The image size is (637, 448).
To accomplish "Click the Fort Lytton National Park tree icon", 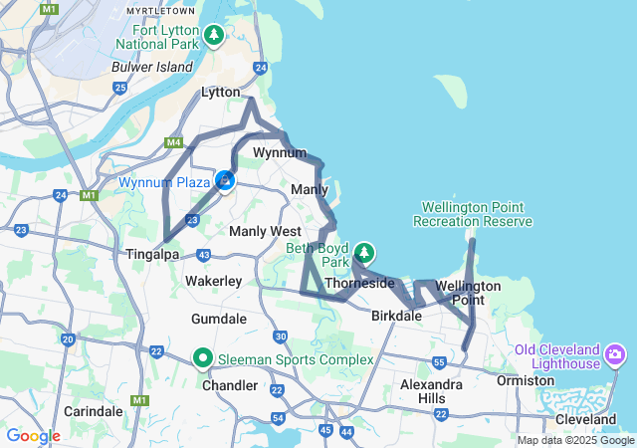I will click(x=213, y=36).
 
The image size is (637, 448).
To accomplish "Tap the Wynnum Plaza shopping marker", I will click(x=226, y=181).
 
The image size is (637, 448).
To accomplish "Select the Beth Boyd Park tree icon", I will click(x=365, y=251).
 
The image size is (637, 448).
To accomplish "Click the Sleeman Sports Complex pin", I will click(x=203, y=357).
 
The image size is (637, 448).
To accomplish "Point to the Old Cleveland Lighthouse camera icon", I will click(x=615, y=353).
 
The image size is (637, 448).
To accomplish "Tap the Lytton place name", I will click(x=221, y=92).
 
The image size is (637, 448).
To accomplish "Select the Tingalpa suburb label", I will click(x=151, y=254).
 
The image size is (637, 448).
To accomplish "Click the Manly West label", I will click(x=265, y=231).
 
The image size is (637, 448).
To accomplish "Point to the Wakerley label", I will click(x=213, y=282).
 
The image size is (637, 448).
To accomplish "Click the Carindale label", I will click(x=93, y=410).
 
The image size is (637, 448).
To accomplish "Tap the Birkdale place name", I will click(x=396, y=316).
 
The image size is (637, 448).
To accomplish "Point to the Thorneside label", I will click(x=359, y=283).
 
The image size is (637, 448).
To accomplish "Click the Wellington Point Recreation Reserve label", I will click(x=476, y=214).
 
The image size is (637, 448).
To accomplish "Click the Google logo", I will click(x=33, y=436).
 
